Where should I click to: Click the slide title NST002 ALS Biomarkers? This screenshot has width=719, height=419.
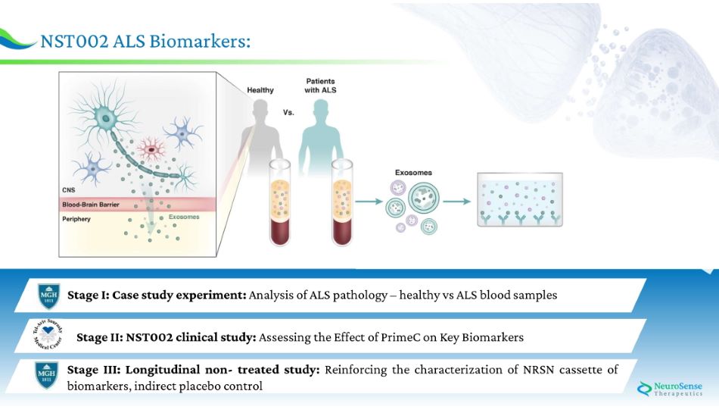coord(145,41)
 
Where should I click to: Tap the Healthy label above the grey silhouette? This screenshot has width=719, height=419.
coord(260,90)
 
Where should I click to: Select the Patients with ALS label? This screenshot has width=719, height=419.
coord(320,86)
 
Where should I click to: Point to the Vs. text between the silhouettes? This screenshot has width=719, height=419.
coord(288,112)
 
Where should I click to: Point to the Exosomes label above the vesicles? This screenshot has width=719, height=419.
coord(414,173)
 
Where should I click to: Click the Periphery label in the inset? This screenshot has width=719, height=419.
coord(76,218)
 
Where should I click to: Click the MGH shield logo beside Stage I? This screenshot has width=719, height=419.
coord(48,295)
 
